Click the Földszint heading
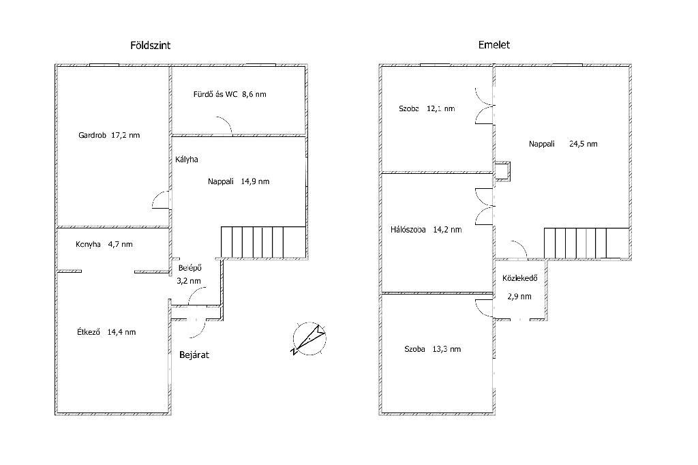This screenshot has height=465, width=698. click(x=150, y=46)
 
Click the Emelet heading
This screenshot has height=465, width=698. click(x=494, y=45)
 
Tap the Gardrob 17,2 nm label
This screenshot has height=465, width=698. click(x=109, y=135)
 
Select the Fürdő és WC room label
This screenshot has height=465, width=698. click(x=230, y=94)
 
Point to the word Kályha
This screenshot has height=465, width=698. click(x=187, y=160)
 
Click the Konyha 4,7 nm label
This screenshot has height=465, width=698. click(x=104, y=244)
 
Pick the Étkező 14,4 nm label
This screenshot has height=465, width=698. click(x=106, y=332)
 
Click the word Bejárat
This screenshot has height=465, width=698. click(x=194, y=355)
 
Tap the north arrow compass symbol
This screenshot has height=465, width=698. click(x=309, y=338)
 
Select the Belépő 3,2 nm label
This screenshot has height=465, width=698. click(x=189, y=274)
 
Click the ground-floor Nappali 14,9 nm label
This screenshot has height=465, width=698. click(x=239, y=181)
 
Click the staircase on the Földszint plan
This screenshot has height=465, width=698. click(x=264, y=242)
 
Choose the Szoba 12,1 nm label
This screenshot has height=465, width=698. click(x=427, y=108)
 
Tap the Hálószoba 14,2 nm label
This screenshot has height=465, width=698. click(x=426, y=230)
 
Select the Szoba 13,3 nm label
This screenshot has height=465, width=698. click(x=432, y=349)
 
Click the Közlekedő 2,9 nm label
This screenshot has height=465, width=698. click(x=520, y=287)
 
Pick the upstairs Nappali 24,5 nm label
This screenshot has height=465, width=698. click(x=563, y=144)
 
